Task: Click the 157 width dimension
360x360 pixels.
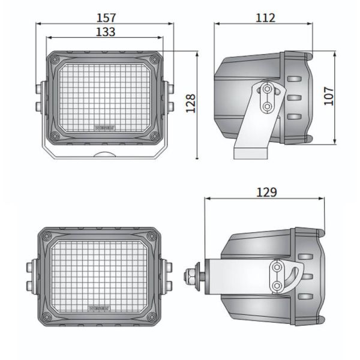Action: point(106,18)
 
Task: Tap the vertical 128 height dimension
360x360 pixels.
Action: point(191,103)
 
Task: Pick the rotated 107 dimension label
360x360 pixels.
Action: point(328,95)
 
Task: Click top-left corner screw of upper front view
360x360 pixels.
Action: point(55,59)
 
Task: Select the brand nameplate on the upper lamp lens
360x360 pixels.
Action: point(106,127)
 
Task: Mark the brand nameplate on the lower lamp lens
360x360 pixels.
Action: point(100,307)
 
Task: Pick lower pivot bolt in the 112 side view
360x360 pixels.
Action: point(266,106)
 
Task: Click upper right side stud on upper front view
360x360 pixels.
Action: point(171,89)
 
